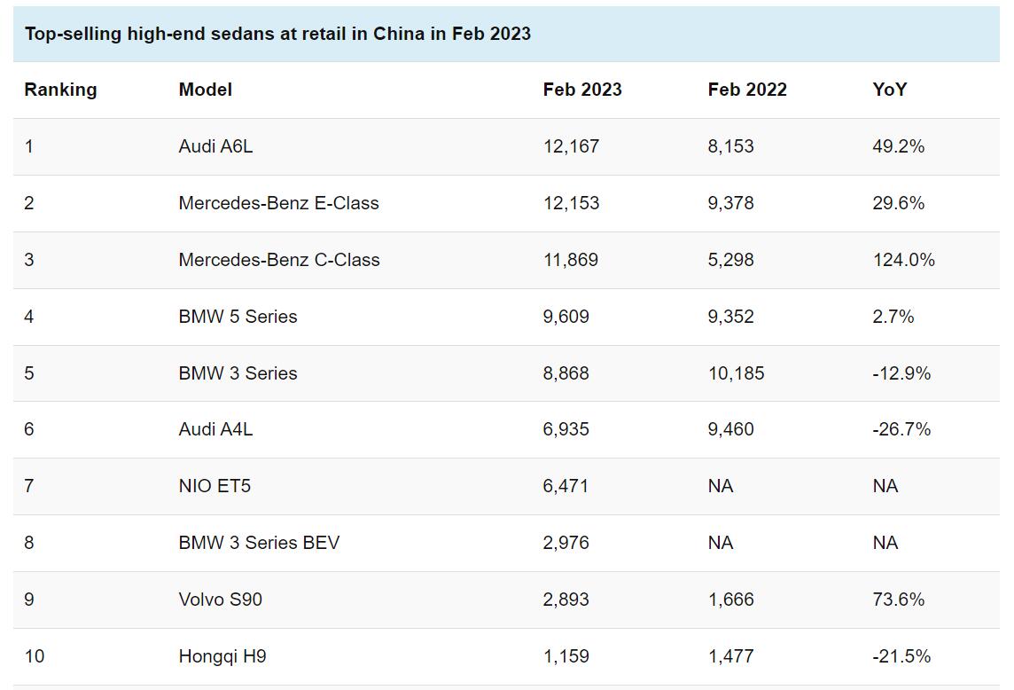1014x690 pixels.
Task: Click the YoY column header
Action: [x=889, y=90]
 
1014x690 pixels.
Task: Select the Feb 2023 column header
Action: [x=582, y=90]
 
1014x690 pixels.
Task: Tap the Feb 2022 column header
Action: [x=747, y=90]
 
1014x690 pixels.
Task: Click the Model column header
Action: [x=205, y=90]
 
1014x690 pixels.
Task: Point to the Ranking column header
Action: [x=60, y=90]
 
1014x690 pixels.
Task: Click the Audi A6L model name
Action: [x=215, y=146]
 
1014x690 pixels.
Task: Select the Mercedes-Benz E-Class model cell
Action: [x=278, y=203]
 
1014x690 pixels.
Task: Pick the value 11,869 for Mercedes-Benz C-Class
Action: [x=570, y=260]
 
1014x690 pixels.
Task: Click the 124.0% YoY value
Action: [x=903, y=260]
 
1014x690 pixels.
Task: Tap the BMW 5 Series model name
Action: [x=238, y=317]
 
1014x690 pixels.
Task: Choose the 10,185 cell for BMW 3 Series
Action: [x=736, y=373]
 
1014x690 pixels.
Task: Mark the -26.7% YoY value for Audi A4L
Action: [x=901, y=429]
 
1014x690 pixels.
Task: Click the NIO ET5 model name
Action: [x=214, y=486]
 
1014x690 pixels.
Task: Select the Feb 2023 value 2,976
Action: [x=565, y=543]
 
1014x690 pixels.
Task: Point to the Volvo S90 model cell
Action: [x=220, y=600]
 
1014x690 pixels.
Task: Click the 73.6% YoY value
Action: [x=898, y=600]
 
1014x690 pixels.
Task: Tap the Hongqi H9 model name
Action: [x=222, y=656]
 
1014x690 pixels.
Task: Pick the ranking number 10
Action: [x=34, y=656]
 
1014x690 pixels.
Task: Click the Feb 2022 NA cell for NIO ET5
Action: [x=721, y=486]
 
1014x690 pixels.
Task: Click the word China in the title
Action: [x=398, y=34]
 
